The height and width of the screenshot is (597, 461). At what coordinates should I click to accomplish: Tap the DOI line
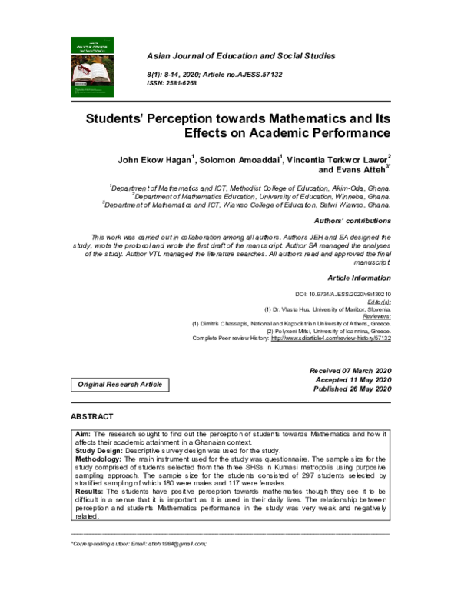coord(343,294)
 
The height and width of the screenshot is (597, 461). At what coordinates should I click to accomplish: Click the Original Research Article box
coord(119,383)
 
